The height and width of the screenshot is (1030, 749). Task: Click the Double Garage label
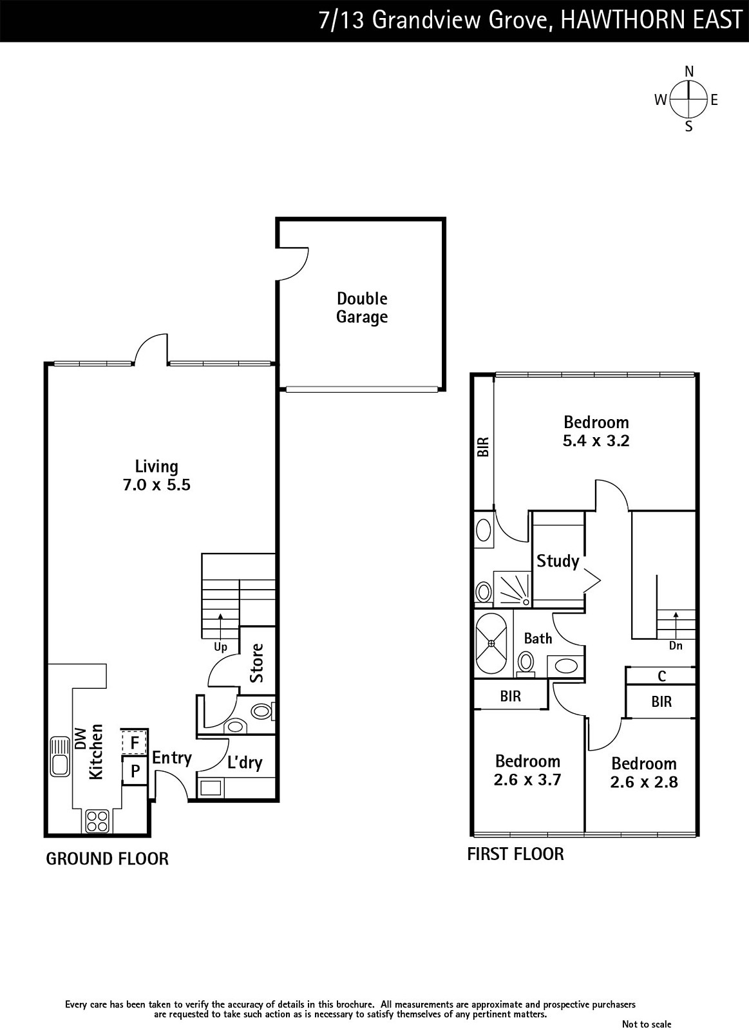[362, 308]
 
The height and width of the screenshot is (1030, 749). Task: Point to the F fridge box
[135, 743]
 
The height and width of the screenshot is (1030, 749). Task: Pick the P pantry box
[135, 771]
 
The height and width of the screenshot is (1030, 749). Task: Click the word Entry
[171, 758]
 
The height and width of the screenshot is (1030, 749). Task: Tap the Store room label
[257, 663]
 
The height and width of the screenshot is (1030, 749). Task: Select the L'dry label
[245, 763]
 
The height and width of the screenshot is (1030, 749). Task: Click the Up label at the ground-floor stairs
[220, 648]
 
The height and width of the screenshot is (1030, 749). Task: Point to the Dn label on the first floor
[676, 646]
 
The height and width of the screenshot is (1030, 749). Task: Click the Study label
[558, 561]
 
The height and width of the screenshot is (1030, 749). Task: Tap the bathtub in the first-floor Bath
[491, 643]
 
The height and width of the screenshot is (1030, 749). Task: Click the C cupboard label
[661, 676]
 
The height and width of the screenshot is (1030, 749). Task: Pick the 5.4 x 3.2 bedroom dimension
[596, 441]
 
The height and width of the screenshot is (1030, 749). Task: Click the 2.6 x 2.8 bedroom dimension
[643, 782]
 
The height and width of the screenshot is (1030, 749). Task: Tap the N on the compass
[688, 71]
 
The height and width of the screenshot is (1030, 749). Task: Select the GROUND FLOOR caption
[107, 859]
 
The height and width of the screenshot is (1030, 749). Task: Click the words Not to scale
[647, 1024]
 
